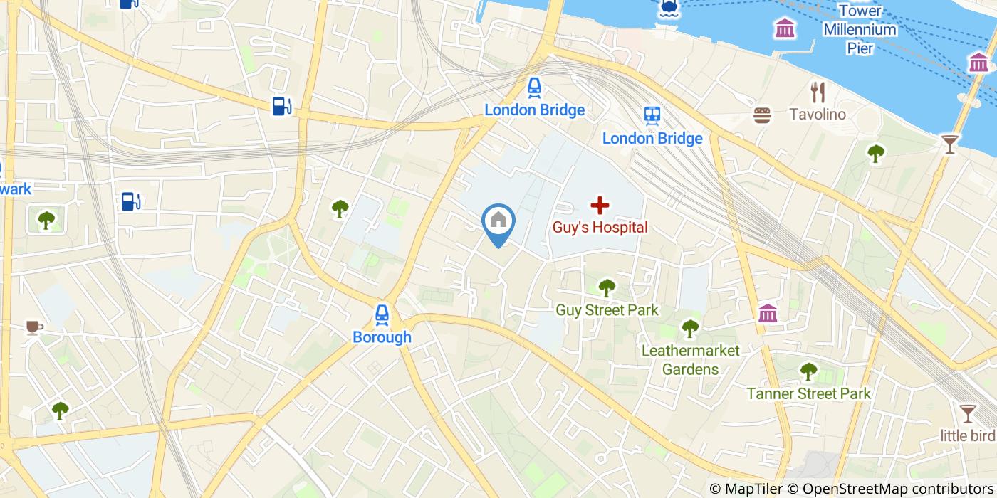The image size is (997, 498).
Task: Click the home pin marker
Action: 499,221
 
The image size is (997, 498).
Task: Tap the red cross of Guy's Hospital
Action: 600,206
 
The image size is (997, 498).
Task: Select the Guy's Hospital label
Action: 600,228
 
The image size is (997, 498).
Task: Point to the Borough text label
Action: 382,337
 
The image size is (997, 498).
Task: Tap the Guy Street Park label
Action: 607,310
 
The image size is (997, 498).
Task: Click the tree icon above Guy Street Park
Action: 607,287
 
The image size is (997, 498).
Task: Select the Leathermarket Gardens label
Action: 690,360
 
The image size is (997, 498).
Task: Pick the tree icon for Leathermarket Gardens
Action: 690,328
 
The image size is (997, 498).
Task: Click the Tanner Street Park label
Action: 808,393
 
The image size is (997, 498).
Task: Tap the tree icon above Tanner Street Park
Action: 808,371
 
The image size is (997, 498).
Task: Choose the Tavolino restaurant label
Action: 818,114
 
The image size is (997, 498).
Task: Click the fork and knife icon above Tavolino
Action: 818,91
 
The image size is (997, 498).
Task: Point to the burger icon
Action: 763,115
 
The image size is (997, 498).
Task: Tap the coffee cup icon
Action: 33,327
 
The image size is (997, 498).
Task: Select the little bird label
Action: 967,435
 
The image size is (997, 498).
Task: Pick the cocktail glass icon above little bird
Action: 967,413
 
